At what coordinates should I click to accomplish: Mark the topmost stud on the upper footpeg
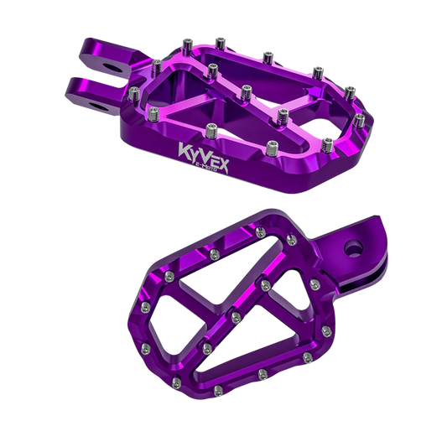point(219,39)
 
